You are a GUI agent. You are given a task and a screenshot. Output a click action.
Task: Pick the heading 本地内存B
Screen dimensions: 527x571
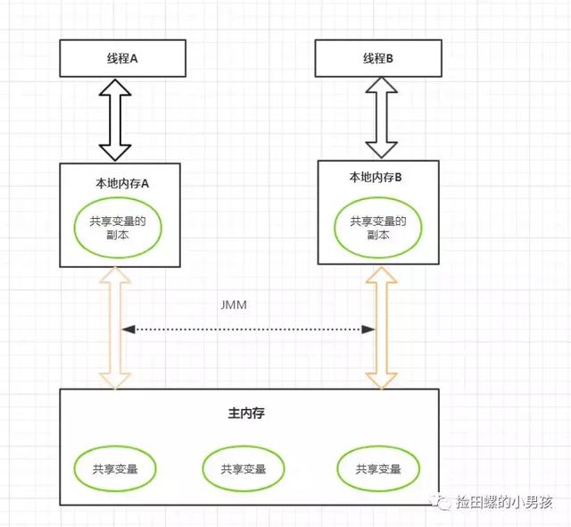tap(376, 177)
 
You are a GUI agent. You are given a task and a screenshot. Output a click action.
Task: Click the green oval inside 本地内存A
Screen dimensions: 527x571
tap(119, 228)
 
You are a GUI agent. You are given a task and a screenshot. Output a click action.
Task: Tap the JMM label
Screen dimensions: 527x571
tap(233, 304)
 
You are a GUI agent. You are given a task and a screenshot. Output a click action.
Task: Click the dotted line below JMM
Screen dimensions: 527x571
tap(248, 330)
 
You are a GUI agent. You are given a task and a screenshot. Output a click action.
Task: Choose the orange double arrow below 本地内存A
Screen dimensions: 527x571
tap(114, 328)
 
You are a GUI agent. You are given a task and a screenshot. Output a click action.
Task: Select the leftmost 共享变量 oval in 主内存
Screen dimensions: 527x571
tap(114, 468)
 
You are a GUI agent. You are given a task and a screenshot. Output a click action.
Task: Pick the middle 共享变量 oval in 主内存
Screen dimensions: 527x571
tap(243, 469)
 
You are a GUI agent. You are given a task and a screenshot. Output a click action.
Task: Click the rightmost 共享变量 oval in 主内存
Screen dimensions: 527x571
tap(377, 469)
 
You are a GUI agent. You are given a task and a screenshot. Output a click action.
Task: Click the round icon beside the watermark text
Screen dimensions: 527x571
tap(443, 503)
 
